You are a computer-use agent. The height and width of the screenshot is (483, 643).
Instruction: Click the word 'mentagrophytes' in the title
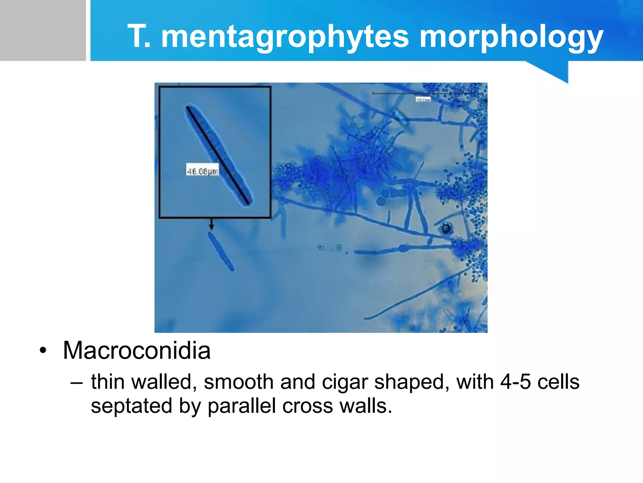pyautogui.click(x=285, y=37)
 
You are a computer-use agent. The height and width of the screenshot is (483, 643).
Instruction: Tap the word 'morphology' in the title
pyautogui.click(x=511, y=37)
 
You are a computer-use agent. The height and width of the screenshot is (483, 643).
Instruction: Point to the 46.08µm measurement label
pyautogui.click(x=202, y=171)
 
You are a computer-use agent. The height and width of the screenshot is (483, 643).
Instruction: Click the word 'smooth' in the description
pyautogui.click(x=239, y=382)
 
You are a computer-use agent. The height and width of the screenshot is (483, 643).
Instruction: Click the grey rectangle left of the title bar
pyautogui.click(x=43, y=30)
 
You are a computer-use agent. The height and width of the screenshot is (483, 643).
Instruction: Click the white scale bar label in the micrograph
pyautogui.click(x=423, y=99)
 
